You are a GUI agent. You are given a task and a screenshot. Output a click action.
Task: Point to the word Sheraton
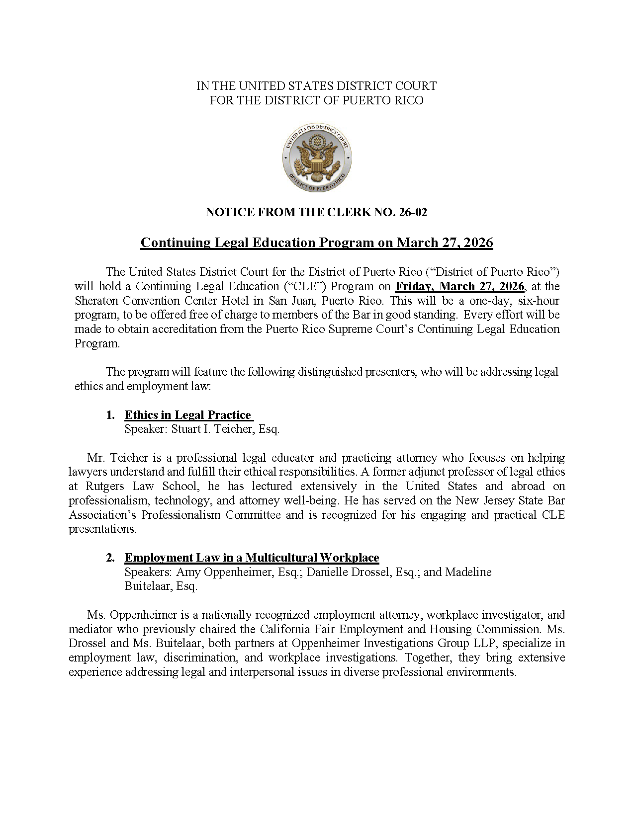coord(97,301)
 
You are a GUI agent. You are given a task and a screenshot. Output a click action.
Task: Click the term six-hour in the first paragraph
coord(539,301)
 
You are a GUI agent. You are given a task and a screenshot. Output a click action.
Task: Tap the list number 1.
coord(110,415)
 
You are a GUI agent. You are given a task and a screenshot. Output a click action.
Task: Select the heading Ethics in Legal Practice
coord(187,415)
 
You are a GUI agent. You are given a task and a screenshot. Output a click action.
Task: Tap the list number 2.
coord(110,558)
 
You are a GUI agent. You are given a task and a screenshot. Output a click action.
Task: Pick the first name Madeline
coord(468,572)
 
